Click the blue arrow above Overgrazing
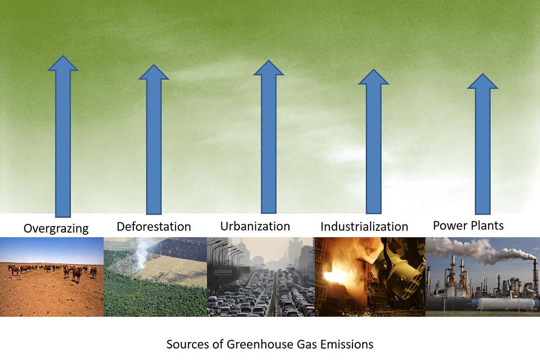tap(63, 137)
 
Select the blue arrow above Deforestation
tap(153, 139)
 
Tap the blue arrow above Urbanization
tap(268, 137)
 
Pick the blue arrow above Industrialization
tap(374, 141)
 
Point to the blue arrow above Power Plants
tap(482, 144)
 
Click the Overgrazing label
tap(56, 228)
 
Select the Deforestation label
tap(153, 227)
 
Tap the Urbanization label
tap(255, 226)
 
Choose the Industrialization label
tap(364, 227)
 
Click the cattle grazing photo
tap(52, 277)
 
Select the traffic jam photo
tap(261, 277)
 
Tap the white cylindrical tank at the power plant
tap(503, 304)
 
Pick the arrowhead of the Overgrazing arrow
tap(63, 63)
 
